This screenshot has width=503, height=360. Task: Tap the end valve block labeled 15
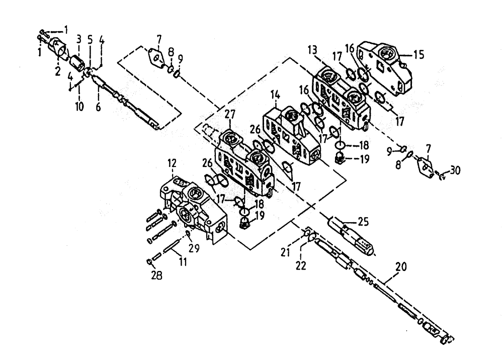tap(385, 67)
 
